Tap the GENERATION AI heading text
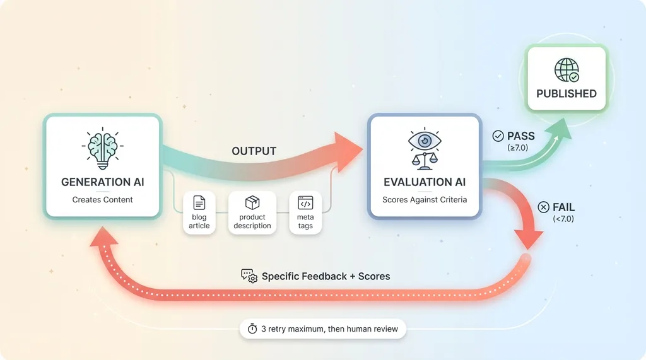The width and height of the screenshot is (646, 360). pyautogui.click(x=103, y=182)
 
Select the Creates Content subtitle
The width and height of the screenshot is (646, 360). pyautogui.click(x=103, y=200)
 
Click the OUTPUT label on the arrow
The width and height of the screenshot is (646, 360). pyautogui.click(x=254, y=151)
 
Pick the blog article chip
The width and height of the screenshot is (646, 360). pyautogui.click(x=199, y=213)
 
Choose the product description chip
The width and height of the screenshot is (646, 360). pyautogui.click(x=252, y=213)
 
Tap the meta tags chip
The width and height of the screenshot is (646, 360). pyautogui.click(x=306, y=213)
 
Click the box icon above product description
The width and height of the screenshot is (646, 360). pyautogui.click(x=252, y=202)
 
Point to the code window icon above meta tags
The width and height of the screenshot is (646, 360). pyautogui.click(x=306, y=203)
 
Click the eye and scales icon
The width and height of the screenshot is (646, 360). pyautogui.click(x=425, y=148)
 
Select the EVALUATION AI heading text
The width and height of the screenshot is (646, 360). pyautogui.click(x=425, y=182)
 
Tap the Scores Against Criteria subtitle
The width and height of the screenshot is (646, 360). pyautogui.click(x=425, y=200)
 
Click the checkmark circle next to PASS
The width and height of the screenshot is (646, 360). pyautogui.click(x=498, y=136)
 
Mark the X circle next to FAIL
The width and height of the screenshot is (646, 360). pyautogui.click(x=543, y=207)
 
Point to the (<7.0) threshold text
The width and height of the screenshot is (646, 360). pyautogui.click(x=563, y=219)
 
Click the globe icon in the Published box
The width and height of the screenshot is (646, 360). pyautogui.click(x=566, y=70)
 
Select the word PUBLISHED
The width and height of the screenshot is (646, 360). pyautogui.click(x=567, y=93)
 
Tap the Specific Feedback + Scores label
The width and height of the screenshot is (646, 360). pyautogui.click(x=326, y=276)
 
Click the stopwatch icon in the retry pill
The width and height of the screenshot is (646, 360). pyautogui.click(x=252, y=328)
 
